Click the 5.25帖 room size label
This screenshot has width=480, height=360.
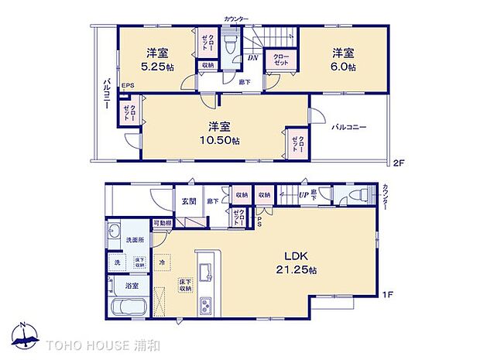pyautogui.click(x=158, y=68)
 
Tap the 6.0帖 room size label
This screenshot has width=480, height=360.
pyautogui.click(x=345, y=68)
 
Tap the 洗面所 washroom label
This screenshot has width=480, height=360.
pyautogui.click(x=135, y=240)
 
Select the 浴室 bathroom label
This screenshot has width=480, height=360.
pyautogui.click(x=132, y=286)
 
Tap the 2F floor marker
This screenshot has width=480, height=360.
pyautogui.click(x=399, y=163)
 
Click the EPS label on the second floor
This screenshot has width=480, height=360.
pyautogui.click(x=127, y=86)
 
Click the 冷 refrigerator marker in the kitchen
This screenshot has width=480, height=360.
pyautogui.click(x=163, y=262)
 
